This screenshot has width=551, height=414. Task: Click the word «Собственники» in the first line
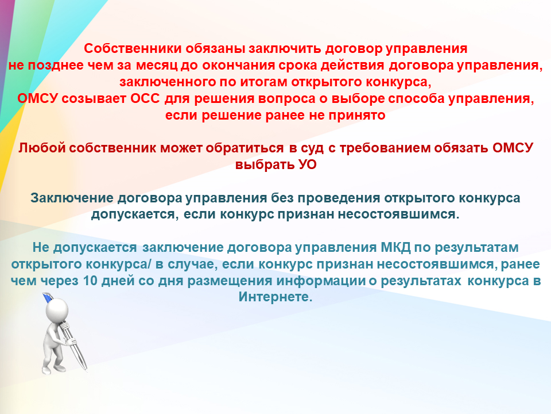click(133, 48)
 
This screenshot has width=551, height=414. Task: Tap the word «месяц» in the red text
click(157, 66)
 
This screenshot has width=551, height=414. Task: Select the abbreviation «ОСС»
click(145, 98)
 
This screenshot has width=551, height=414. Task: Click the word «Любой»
click(42, 148)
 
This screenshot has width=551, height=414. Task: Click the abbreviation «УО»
click(308, 164)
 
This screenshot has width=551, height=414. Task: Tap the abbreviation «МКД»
click(395, 248)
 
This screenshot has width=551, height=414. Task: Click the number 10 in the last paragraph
click(90, 281)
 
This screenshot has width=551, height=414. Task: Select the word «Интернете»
click(275, 297)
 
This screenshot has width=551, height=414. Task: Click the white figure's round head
click(57, 309)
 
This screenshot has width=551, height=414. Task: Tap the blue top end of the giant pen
click(47, 298)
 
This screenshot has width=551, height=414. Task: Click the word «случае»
click(192, 264)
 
